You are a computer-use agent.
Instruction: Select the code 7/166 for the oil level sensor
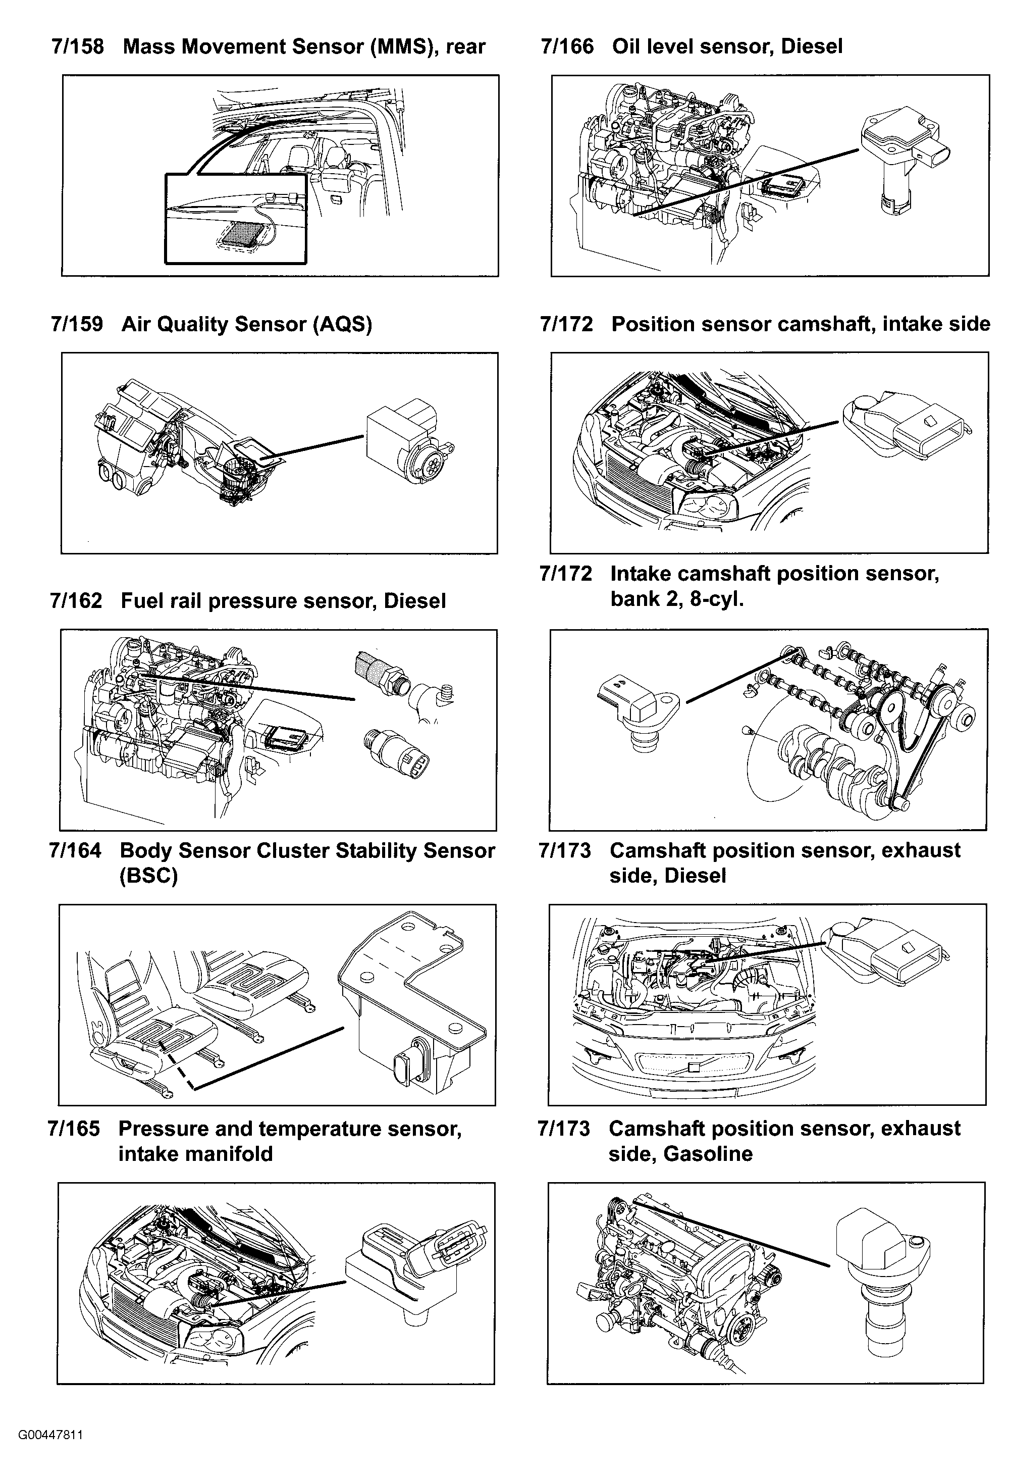(567, 46)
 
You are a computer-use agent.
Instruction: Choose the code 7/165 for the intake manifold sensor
(74, 1129)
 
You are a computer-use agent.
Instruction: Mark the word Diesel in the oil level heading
(812, 46)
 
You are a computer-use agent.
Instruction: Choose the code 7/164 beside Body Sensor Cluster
(75, 850)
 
